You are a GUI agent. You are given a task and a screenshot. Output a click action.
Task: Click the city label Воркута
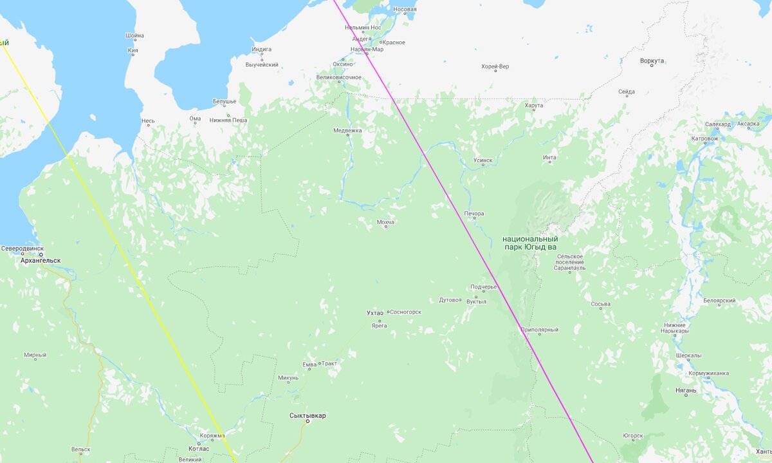(652, 61)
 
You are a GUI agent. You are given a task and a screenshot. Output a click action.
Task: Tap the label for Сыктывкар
(308, 415)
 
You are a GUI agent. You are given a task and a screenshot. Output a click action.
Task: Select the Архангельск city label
(41, 261)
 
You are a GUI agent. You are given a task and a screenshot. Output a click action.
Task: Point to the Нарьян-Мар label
(367, 50)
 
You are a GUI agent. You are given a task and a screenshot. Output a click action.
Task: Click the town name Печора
(473, 214)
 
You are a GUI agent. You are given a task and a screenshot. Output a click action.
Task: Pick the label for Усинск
(482, 160)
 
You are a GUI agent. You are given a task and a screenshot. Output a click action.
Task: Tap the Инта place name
(549, 158)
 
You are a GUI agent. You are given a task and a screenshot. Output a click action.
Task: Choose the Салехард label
(717, 124)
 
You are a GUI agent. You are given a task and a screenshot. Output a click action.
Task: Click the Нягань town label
(686, 390)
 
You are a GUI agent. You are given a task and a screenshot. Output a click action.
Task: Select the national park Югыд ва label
(529, 243)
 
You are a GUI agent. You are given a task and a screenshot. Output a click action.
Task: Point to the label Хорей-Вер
(495, 66)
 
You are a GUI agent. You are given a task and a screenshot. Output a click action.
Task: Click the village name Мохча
(385, 222)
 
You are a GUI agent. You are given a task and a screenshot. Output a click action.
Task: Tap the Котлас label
(198, 449)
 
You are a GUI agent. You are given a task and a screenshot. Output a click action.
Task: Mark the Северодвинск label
(23, 248)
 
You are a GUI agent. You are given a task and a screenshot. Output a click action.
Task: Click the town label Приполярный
(539, 330)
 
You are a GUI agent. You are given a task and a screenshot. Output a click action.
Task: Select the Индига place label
(262, 49)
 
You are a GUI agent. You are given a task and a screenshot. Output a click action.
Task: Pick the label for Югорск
(632, 435)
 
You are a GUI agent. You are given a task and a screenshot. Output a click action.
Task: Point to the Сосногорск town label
(405, 312)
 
